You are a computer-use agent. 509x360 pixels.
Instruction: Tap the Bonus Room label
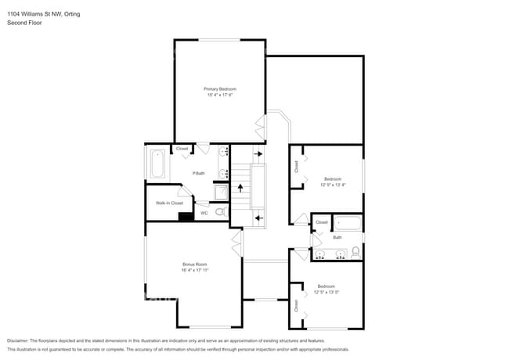click(194, 265)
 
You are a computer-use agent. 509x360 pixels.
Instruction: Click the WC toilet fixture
click(220, 212)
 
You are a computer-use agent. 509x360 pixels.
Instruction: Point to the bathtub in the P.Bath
click(157, 165)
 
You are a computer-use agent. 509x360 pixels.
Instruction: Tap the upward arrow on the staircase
click(241, 189)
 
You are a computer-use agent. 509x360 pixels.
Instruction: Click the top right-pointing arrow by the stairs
click(258, 155)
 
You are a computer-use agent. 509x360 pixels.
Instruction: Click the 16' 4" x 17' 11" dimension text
click(194, 271)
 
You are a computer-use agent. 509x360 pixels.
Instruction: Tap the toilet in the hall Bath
click(356, 252)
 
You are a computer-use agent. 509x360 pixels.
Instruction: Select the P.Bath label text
click(199, 173)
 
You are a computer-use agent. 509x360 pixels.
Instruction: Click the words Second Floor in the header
click(24, 23)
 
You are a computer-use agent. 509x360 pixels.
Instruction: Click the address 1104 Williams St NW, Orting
click(43, 14)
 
